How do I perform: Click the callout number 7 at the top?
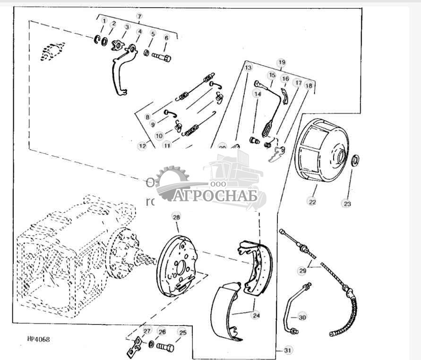[139, 16]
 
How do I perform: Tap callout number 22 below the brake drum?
[312, 202]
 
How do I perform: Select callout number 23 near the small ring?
[347, 203]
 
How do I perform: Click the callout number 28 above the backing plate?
[176, 217]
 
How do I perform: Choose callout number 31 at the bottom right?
[288, 351]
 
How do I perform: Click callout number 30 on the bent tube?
[302, 317]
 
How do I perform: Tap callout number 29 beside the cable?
[302, 271]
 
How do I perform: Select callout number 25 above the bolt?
[182, 333]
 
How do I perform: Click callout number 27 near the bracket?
[147, 331]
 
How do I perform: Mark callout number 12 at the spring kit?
[142, 146]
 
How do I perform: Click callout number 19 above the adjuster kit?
[282, 62]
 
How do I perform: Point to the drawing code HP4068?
[38, 339]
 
